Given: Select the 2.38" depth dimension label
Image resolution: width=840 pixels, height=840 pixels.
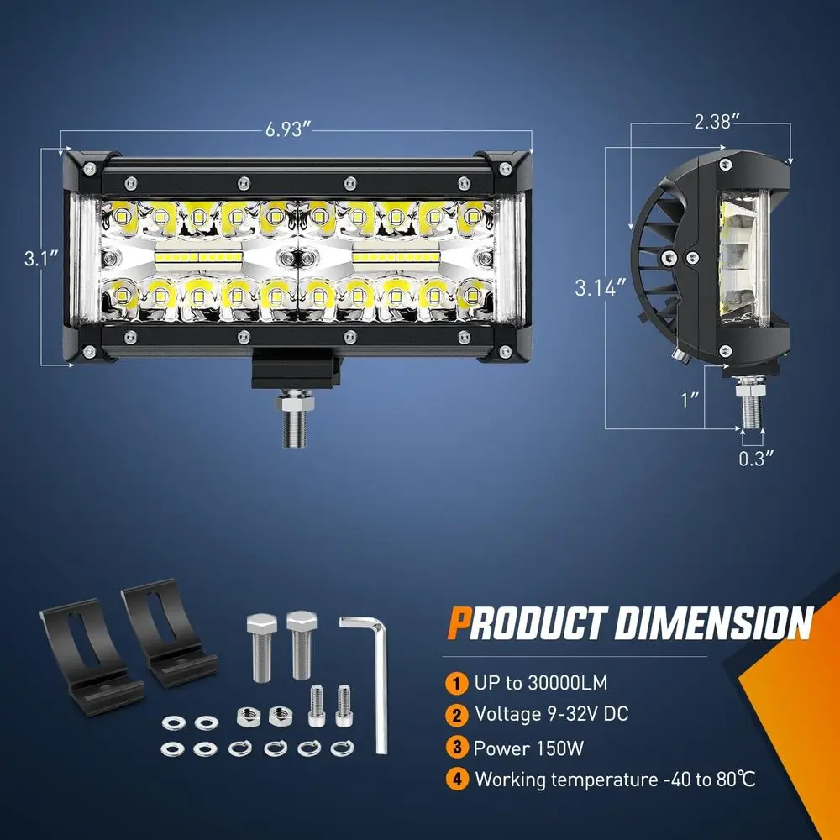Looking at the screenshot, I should pyautogui.click(x=716, y=121).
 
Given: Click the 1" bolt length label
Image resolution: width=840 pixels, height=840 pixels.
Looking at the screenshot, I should pyautogui.click(x=691, y=398).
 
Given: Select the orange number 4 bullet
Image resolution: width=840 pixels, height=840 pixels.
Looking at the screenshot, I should pyautogui.click(x=456, y=779).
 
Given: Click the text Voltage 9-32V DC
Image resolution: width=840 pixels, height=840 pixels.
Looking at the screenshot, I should pyautogui.click(x=550, y=715).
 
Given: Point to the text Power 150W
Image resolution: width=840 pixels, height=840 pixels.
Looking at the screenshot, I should pyautogui.click(x=528, y=748).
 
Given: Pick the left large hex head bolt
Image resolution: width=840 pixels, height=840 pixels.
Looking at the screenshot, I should pyautogui.click(x=261, y=643).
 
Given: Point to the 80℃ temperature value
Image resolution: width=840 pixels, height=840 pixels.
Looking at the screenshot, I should pyautogui.click(x=734, y=780).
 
